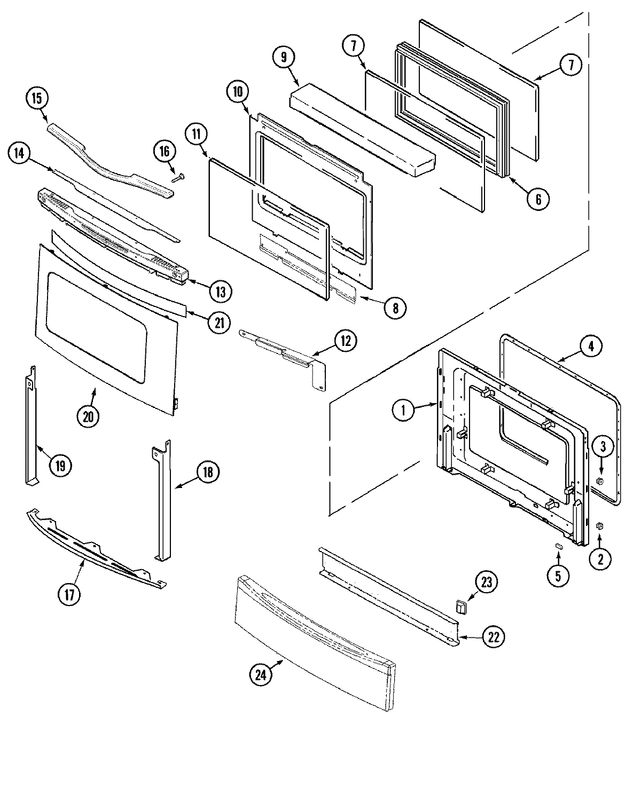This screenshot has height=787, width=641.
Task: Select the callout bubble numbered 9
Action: tap(283, 57)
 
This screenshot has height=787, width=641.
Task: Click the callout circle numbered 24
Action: tap(260, 675)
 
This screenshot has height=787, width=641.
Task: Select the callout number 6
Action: tap(538, 199)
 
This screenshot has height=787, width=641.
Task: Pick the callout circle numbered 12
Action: tap(346, 340)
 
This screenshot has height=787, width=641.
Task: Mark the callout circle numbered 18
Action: tap(208, 472)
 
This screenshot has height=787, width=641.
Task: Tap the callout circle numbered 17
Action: tap(69, 594)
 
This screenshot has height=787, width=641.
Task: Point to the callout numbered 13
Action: tap(220, 291)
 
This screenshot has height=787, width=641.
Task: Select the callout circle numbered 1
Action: tap(404, 410)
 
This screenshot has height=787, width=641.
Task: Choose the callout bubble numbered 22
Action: tap(494, 636)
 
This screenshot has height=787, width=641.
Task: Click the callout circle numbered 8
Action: tap(395, 308)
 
